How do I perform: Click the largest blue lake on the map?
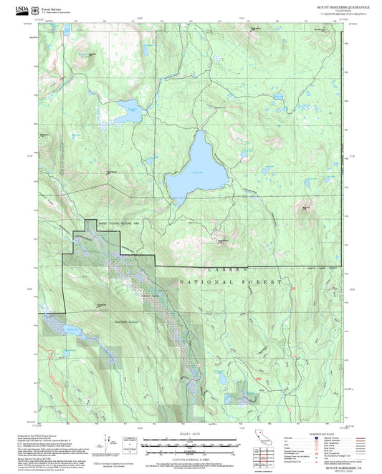click(x=189, y=171)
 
